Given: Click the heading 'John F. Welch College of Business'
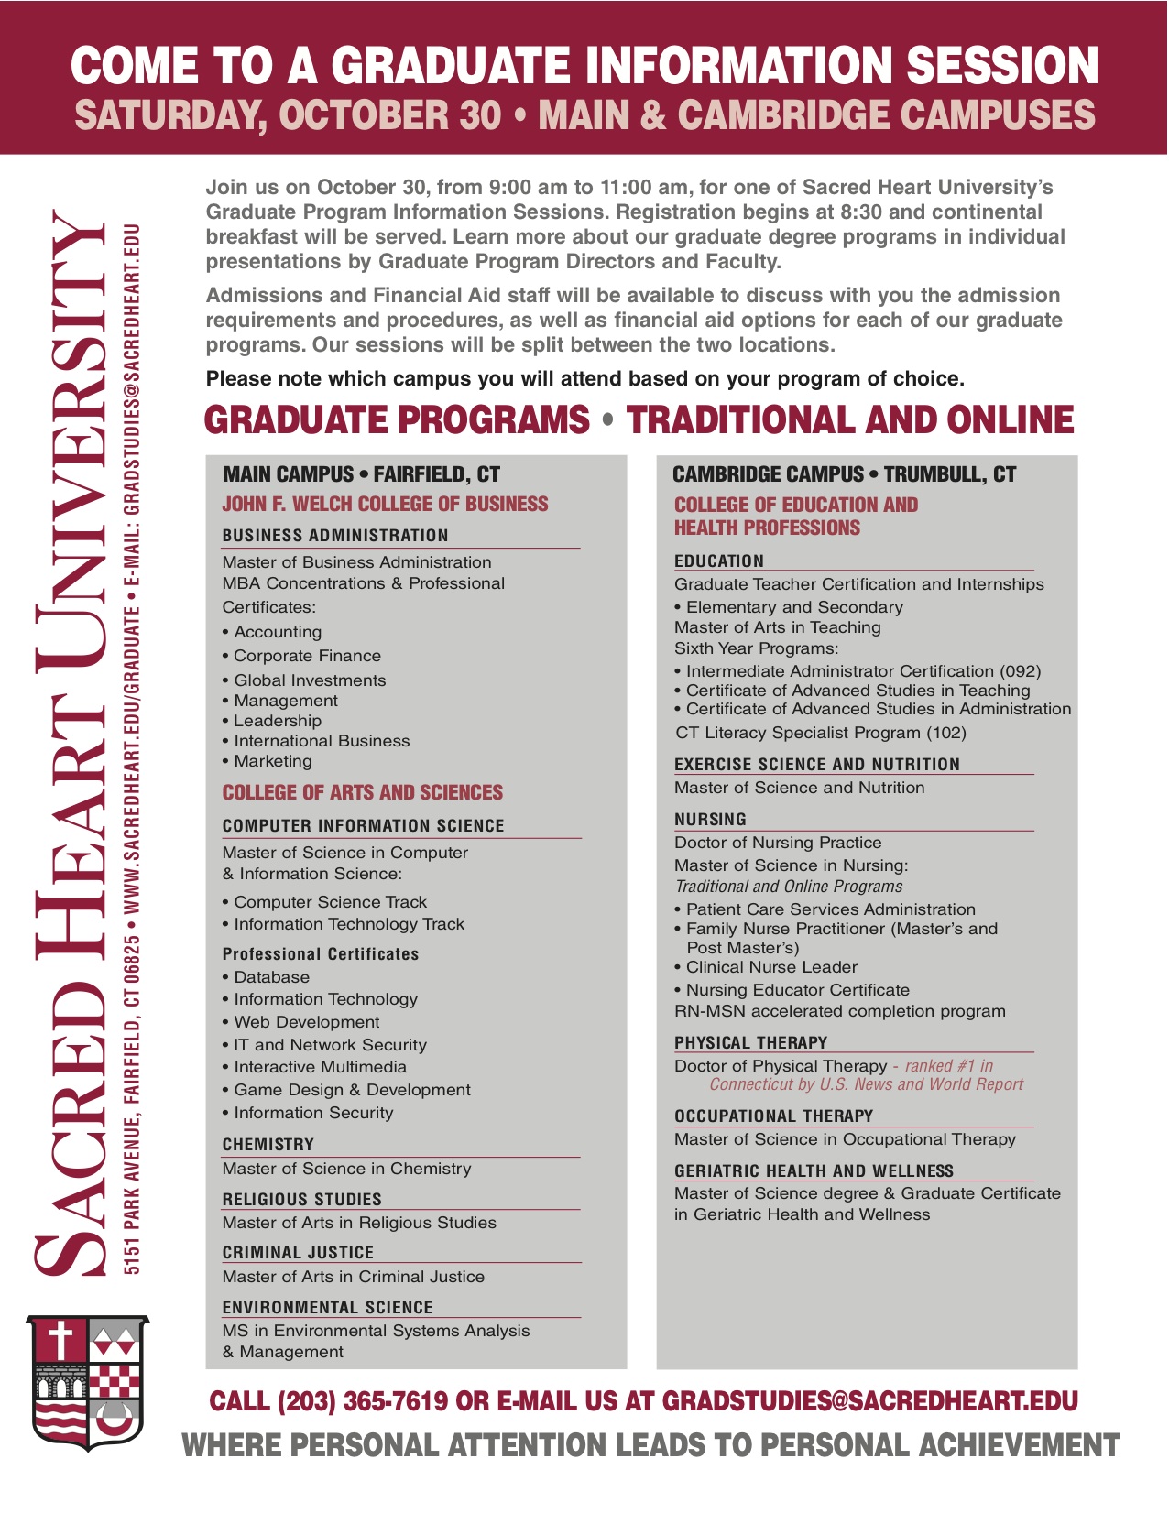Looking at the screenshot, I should pos(385,505).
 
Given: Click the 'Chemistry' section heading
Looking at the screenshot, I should pos(268,1145).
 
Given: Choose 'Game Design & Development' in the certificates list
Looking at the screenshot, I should pos(352,1090).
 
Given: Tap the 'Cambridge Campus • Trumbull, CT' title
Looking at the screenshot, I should pos(844,474).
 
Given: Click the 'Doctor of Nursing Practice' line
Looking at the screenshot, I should pos(778,843).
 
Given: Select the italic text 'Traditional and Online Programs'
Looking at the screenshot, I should pos(788,887).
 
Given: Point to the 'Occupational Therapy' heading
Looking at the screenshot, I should pos(773,1116).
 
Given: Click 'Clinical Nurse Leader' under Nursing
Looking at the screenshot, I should pos(771,967).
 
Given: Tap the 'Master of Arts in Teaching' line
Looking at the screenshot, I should pos(777,627).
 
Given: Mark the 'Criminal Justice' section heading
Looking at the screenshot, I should pos(298,1253).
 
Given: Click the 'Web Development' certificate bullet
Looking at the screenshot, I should pos(306,1022).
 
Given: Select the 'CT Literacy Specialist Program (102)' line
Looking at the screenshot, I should pos(820,733).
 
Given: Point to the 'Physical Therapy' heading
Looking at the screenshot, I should pos(750,1043).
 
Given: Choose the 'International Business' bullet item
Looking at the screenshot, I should pos(322,741).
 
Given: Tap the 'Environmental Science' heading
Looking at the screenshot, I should pos(327,1308).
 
